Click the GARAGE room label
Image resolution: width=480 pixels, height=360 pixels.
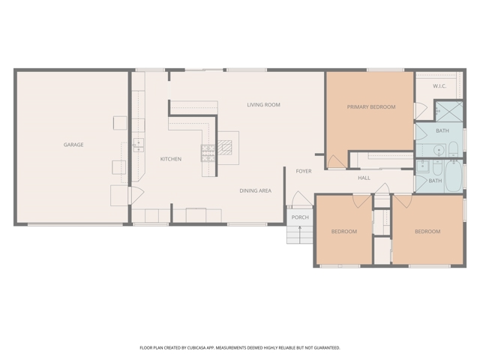pos(73,145)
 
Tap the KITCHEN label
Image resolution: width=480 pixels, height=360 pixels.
pos(171,159)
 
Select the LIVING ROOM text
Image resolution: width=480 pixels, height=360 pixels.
pos(263,105)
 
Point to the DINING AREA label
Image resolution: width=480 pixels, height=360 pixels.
pos(255,190)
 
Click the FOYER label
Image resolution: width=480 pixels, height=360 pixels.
pos(304,171)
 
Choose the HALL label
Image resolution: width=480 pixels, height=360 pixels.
pos(364,178)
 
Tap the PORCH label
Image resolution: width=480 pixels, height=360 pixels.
pos(300,217)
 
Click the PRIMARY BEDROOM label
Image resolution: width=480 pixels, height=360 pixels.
pos(371,106)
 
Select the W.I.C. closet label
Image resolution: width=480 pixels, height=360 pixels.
pos(439,86)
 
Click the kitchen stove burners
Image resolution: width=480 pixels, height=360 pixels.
pos(208,153)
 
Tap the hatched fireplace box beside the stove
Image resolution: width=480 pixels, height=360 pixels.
pos(225,148)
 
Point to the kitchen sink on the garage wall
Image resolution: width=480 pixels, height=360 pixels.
pos(138,145)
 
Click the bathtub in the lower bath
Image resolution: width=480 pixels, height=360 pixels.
pos(453,175)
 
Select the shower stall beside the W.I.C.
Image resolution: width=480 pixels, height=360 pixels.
pos(449,112)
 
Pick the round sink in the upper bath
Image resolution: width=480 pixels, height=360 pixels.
pos(439,150)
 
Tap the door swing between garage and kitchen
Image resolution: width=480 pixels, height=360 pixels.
pos(136,195)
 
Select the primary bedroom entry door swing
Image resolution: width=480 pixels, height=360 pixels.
pos(337,162)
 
